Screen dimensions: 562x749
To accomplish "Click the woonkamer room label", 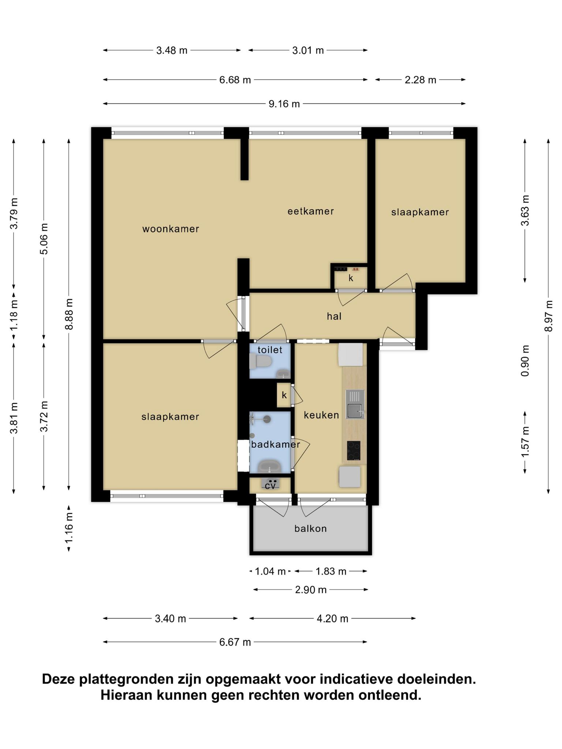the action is click(x=171, y=229).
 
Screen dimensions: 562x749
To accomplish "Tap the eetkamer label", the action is click(x=311, y=211).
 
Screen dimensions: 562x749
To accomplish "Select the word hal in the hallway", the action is click(x=334, y=316).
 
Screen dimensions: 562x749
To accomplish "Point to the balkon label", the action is click(x=311, y=528).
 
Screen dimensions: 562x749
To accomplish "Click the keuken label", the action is click(x=321, y=415).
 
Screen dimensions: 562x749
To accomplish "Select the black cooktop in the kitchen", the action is click(x=353, y=451).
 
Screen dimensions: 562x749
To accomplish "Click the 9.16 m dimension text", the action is click(x=284, y=104).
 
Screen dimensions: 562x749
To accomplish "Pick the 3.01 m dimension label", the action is click(x=308, y=50).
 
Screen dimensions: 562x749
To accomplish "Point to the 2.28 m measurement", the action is click(x=420, y=80).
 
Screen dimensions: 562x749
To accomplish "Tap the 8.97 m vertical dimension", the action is click(x=548, y=316).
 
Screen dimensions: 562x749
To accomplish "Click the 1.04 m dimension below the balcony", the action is click(x=270, y=571).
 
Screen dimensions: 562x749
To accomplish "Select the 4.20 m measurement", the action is click(x=332, y=619).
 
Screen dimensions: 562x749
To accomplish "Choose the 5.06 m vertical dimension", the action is click(x=44, y=239).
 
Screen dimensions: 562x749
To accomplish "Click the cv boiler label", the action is click(x=270, y=486).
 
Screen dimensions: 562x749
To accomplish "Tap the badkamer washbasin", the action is click(x=270, y=466).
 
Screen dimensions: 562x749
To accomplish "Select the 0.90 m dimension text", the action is click(x=525, y=361).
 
